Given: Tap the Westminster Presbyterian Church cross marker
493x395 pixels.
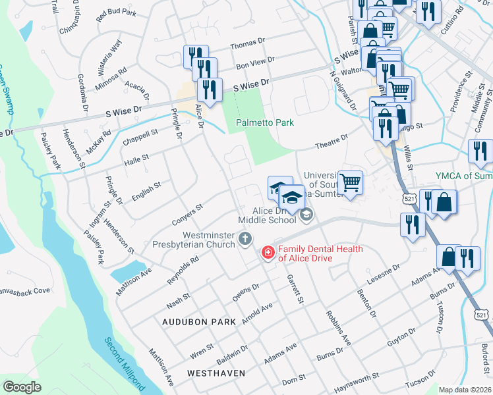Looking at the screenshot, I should click(x=245, y=238).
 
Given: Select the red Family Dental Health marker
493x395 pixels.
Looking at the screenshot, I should click(x=268, y=252).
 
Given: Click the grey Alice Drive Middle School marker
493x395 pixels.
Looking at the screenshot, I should click(x=306, y=214).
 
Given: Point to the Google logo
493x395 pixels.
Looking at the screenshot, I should click(x=22, y=386).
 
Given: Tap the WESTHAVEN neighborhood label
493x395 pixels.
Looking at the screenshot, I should click(x=216, y=373).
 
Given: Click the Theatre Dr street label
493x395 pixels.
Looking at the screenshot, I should click(x=332, y=140).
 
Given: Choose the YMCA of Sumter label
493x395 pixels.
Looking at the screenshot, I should click(x=464, y=176).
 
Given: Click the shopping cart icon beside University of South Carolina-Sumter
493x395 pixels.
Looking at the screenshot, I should click(x=350, y=182).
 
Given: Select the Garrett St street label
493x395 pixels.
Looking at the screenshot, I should click(x=295, y=290).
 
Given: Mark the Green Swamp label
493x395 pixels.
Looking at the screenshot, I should click(x=7, y=89).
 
